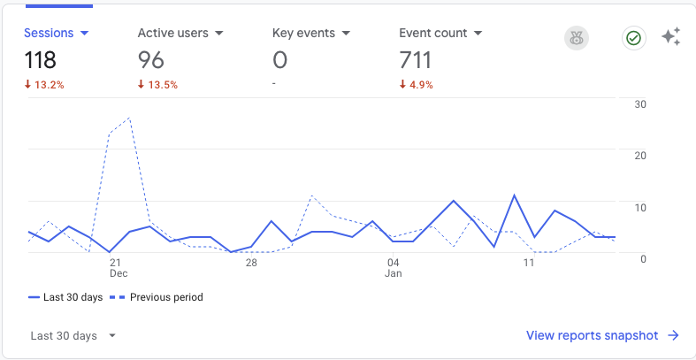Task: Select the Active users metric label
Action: [x=173, y=34]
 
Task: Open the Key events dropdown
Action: [x=346, y=34]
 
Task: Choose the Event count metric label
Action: [x=433, y=34]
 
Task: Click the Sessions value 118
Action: [x=41, y=60]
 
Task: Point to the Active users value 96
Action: [x=151, y=60]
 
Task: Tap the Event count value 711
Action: [x=416, y=60]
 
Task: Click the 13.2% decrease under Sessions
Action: [x=44, y=85]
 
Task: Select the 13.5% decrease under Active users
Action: [x=157, y=85]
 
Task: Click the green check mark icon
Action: [x=633, y=38]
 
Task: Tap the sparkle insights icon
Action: [x=671, y=37]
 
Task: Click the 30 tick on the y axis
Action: [x=641, y=104]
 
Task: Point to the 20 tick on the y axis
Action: [x=641, y=156]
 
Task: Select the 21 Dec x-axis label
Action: [x=116, y=268]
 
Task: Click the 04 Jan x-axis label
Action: [x=394, y=268]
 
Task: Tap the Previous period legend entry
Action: [x=157, y=297]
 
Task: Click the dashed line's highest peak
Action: [x=130, y=117]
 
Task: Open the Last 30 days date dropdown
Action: [x=73, y=336]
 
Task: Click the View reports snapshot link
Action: [x=602, y=335]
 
